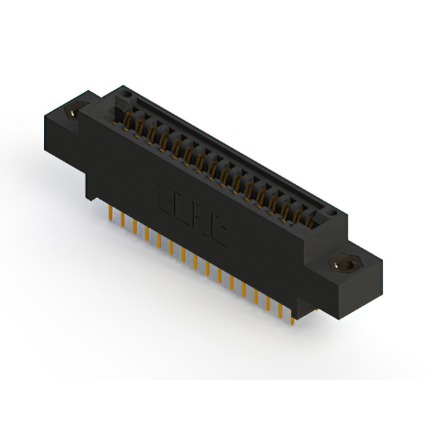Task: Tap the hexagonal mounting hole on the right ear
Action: [x=344, y=265]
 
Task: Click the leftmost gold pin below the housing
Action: [x=109, y=213]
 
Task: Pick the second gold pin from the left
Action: [x=122, y=220]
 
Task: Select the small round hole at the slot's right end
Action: [x=331, y=212]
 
